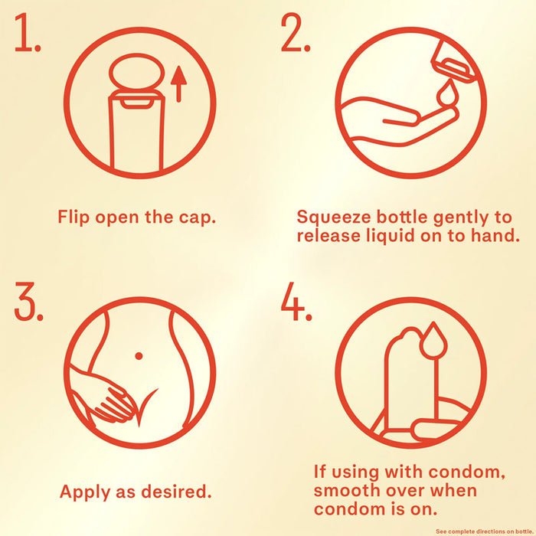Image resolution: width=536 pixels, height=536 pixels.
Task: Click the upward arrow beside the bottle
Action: click(x=178, y=84)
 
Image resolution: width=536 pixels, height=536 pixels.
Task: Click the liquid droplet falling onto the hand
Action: click(x=446, y=92)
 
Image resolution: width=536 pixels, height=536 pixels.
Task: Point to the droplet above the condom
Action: click(x=433, y=341)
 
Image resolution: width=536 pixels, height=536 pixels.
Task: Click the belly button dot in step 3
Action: click(x=139, y=356)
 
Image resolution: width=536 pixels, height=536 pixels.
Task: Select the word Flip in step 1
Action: click(x=74, y=217)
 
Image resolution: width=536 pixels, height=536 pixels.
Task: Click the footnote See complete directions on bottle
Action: click(x=485, y=531)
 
